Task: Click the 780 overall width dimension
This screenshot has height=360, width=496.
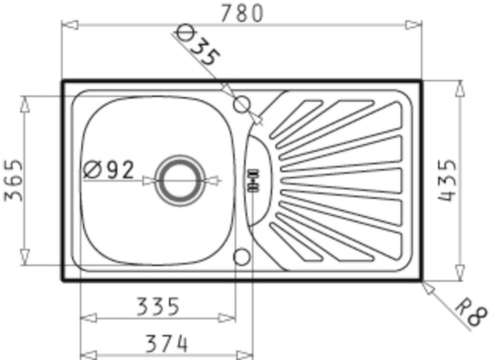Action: [241, 14]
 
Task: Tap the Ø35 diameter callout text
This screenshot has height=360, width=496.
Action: [197, 47]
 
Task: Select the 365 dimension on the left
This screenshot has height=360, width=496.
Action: [14, 181]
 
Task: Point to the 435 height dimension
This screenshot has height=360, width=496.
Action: [447, 181]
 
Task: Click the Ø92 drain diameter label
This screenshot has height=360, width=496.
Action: [109, 170]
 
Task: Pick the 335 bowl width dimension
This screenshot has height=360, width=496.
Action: [158, 306]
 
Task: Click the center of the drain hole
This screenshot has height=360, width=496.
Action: [180, 181]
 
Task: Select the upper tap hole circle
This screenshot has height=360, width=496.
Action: [242, 104]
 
